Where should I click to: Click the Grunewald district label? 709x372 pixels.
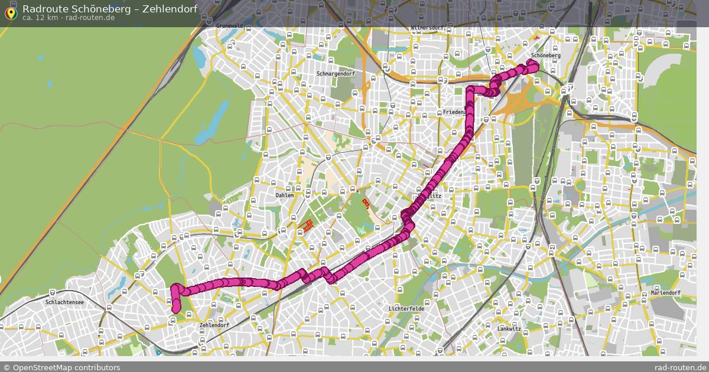click(230, 26)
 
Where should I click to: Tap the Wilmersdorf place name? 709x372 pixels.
click(427, 28)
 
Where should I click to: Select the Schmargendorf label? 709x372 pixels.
click(336, 74)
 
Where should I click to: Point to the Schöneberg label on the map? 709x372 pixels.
click(545, 56)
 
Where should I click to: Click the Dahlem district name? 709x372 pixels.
click(284, 195)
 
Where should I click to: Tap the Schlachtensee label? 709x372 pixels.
click(64, 302)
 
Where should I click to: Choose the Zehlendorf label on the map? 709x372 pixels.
click(214, 325)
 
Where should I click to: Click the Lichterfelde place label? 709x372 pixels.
click(406, 309)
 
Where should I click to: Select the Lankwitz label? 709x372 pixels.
click(509, 328)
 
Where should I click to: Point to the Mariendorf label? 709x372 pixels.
click(665, 293)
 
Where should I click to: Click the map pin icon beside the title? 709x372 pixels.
click(10, 12)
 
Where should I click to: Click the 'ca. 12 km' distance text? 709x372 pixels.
click(40, 18)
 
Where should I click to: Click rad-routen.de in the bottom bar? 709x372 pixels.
click(681, 367)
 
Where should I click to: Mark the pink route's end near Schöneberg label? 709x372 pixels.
click(531, 67)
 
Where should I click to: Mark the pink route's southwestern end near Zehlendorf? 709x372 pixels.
click(175, 306)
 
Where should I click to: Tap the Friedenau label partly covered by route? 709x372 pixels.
click(453, 112)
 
